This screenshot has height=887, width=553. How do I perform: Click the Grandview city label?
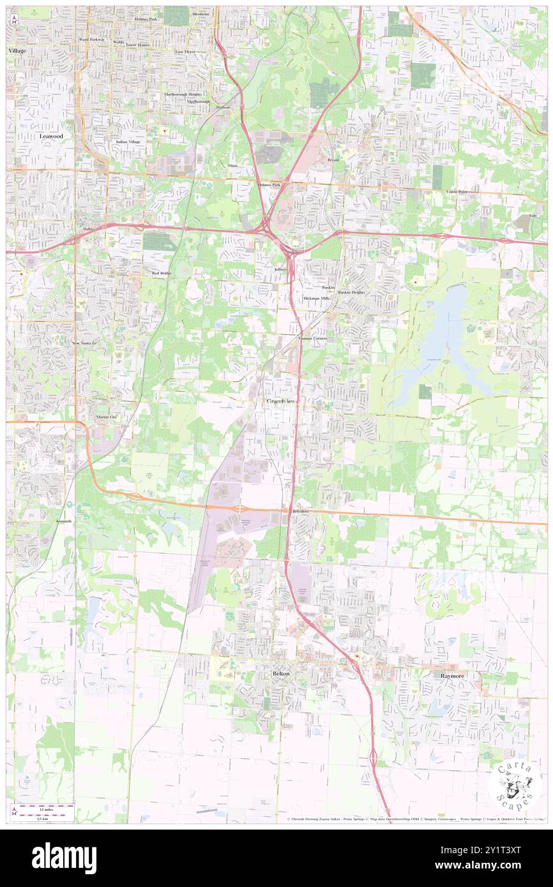tap(280, 401)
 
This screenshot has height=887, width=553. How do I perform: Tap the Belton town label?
tap(281, 674)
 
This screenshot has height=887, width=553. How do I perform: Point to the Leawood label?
tap(51, 137)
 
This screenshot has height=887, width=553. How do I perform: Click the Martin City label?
tap(107, 417)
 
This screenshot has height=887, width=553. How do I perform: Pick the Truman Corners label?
tap(312, 339)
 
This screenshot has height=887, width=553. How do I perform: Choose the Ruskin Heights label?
tap(351, 292)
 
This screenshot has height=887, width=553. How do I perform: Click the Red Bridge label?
tap(162, 273)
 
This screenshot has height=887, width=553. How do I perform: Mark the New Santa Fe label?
tap(84, 343)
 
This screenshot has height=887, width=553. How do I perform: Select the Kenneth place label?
tap(64, 521)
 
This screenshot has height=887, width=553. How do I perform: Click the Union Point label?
tap(457, 191)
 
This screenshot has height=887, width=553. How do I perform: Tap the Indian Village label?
tap(128, 142)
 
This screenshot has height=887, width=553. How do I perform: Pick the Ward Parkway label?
tap(91, 40)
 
